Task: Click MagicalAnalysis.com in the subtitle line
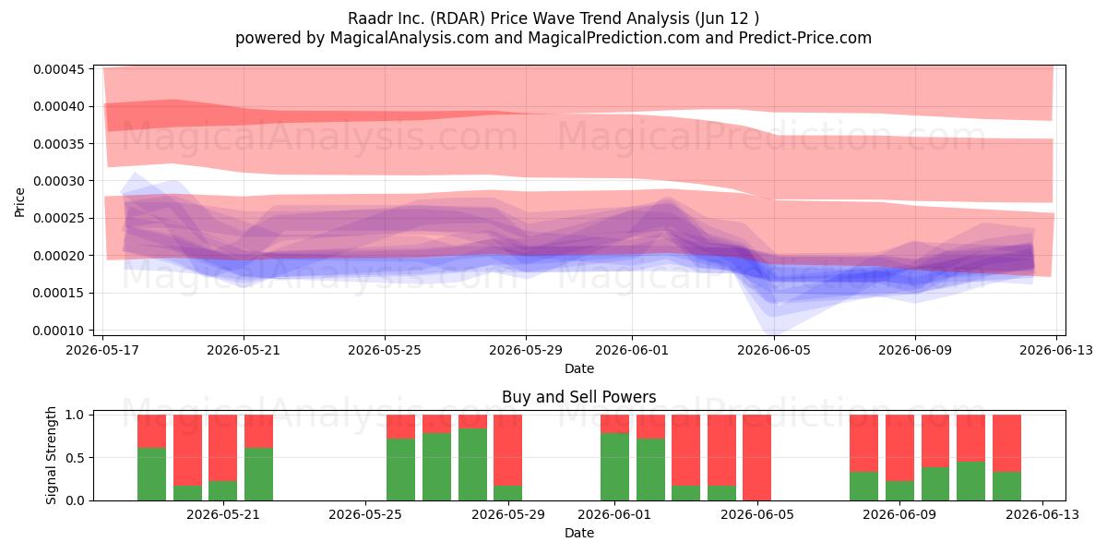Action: click(410, 38)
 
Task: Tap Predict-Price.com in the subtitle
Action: click(805, 38)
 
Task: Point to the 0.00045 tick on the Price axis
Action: click(59, 69)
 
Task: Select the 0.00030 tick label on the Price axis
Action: click(59, 181)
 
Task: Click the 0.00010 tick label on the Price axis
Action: click(59, 331)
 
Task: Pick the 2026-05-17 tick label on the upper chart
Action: click(102, 350)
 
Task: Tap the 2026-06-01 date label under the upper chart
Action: click(632, 350)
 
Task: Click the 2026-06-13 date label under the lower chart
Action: click(1042, 515)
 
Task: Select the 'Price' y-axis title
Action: click(19, 202)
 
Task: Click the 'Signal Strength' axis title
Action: click(51, 455)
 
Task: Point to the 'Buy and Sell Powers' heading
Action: click(579, 397)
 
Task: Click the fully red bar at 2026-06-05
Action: click(757, 458)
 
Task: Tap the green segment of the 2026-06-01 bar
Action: click(614, 467)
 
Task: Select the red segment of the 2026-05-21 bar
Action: click(223, 448)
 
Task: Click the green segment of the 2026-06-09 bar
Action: click(900, 490)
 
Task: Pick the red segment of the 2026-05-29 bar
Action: click(508, 451)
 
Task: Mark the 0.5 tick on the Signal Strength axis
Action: click(75, 458)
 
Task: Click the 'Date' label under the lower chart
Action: click(579, 533)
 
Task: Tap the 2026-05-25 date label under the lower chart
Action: click(365, 515)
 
